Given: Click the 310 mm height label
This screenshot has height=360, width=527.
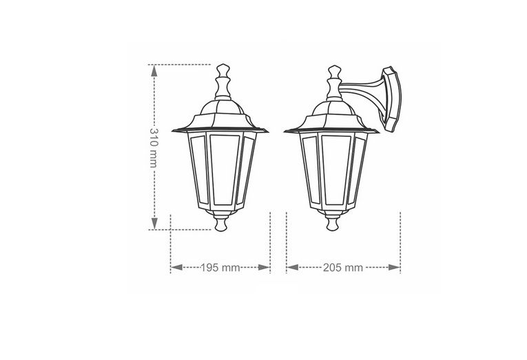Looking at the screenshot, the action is point(153,147).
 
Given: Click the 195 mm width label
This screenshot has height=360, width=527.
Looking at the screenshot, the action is point(220,268).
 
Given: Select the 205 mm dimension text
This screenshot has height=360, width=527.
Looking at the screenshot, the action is point(343,268).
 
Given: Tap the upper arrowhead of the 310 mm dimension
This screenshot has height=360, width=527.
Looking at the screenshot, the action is point(154,70).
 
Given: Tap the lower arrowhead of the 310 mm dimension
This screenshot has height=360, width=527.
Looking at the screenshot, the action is point(154,223).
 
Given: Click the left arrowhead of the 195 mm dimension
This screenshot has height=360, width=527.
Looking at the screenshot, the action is point(176,267).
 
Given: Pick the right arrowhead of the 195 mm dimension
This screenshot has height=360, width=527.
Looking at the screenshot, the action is point(264,267).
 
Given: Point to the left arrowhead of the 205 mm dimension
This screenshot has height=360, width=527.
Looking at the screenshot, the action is point(292,267).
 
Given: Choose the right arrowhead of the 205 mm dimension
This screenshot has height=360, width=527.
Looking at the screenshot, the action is point(394,267).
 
